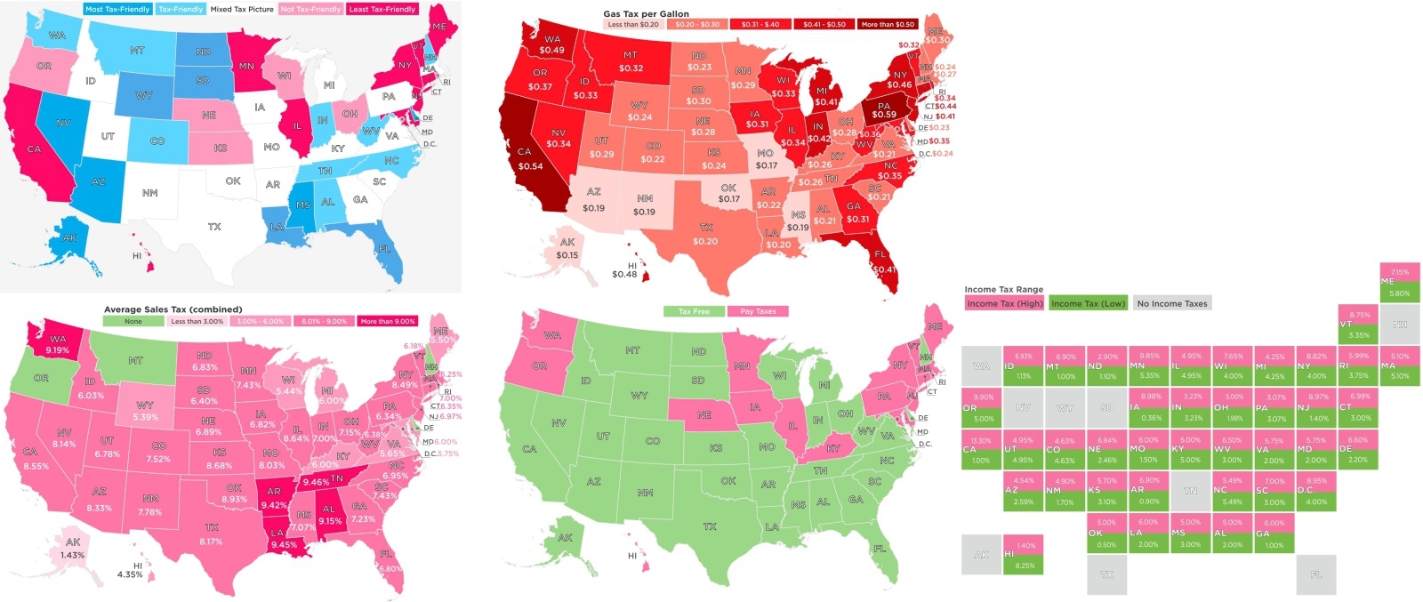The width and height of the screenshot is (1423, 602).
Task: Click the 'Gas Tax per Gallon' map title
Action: pyautogui.click(x=646, y=13)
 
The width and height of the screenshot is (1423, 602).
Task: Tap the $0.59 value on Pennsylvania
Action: pyautogui.click(x=883, y=114)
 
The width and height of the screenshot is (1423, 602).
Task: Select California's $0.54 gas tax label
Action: pyautogui.click(x=530, y=166)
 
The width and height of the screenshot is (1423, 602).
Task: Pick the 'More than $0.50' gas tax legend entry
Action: pyautogui.click(x=887, y=25)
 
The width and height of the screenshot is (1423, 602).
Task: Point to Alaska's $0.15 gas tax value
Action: pyautogui.click(x=567, y=255)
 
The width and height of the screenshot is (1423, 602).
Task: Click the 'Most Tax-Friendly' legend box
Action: pyautogui.click(x=117, y=9)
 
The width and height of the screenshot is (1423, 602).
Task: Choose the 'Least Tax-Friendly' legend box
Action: pyautogui.click(x=382, y=9)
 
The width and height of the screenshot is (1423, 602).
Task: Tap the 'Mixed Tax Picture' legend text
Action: pyautogui.click(x=242, y=9)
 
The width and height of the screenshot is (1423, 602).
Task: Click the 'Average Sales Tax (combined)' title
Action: pyautogui.click(x=173, y=309)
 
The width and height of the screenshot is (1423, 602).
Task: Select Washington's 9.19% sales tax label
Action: pyautogui.click(x=57, y=350)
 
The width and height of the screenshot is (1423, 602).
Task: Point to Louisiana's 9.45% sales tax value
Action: pyautogui.click(x=284, y=545)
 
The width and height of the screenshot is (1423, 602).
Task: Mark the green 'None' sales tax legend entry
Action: pyautogui.click(x=133, y=321)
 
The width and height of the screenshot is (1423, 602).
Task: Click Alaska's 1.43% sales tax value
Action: pyautogui.click(x=72, y=555)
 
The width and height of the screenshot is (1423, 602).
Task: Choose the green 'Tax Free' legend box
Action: pyautogui.click(x=694, y=311)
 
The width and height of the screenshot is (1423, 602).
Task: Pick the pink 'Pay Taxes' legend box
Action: pyautogui.click(x=758, y=311)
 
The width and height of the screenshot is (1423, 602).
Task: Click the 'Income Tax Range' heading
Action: pyautogui.click(x=1003, y=289)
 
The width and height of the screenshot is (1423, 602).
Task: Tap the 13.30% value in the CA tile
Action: pyautogui.click(x=981, y=440)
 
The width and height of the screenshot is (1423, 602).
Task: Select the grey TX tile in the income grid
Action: pyautogui.click(x=1106, y=574)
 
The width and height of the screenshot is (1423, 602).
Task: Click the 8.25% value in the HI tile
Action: pyautogui.click(x=1025, y=566)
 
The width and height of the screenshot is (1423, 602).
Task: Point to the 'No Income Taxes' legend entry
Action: pyautogui.click(x=1171, y=303)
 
